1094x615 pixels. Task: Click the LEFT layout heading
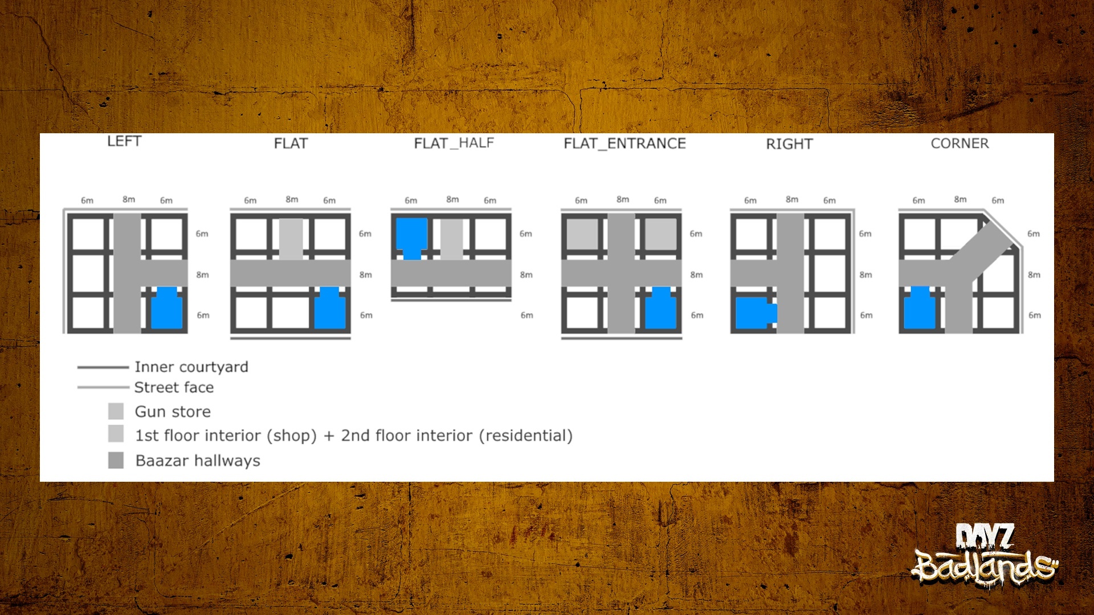coord(124,141)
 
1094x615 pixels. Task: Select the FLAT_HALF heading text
coord(454,143)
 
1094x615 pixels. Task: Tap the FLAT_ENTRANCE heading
coord(624,143)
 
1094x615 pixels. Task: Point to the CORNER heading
coord(960,143)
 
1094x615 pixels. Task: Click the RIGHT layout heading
coord(789,144)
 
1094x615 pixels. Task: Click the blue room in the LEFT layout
coord(166,309)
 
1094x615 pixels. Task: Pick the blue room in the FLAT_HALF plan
coord(411,238)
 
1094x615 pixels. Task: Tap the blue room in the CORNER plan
coord(920,309)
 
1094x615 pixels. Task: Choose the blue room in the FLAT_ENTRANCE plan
coord(661,309)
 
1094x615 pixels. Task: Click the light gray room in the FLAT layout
coord(291,239)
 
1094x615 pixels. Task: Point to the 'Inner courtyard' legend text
coord(191,367)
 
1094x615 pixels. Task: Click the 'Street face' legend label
coord(174,387)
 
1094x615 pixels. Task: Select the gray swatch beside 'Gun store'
coord(116,411)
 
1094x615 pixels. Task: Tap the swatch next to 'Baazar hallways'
coord(116,460)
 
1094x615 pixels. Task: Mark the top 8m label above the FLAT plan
coord(292,199)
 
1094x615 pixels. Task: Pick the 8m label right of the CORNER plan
coord(1034,274)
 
